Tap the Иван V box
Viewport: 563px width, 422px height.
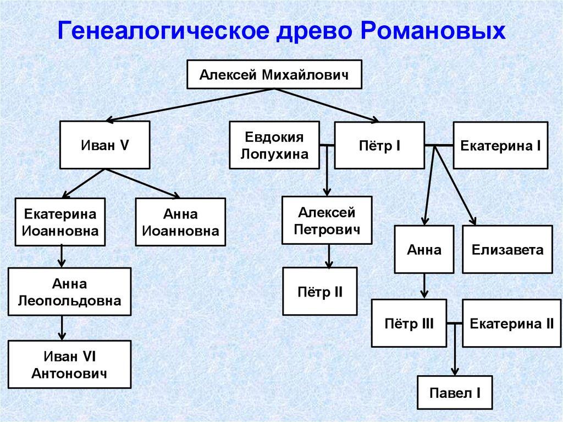[x=105, y=145]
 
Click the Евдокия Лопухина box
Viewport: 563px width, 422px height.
[x=274, y=145]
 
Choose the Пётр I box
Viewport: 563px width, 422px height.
[x=379, y=145]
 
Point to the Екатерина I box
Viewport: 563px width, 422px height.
[x=500, y=145]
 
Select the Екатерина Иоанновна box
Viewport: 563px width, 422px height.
[x=60, y=222]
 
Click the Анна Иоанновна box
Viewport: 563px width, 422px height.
[x=180, y=222]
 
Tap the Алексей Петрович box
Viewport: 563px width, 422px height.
[x=327, y=221]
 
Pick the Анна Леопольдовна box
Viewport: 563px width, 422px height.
[x=69, y=292]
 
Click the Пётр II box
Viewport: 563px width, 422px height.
[x=320, y=291]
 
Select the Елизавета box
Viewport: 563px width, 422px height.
[x=507, y=250]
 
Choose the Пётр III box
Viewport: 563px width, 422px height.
[x=409, y=324]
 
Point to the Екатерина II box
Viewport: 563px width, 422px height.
[x=511, y=324]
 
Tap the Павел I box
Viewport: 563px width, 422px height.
[x=455, y=393]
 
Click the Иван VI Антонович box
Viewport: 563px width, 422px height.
[x=69, y=365]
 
